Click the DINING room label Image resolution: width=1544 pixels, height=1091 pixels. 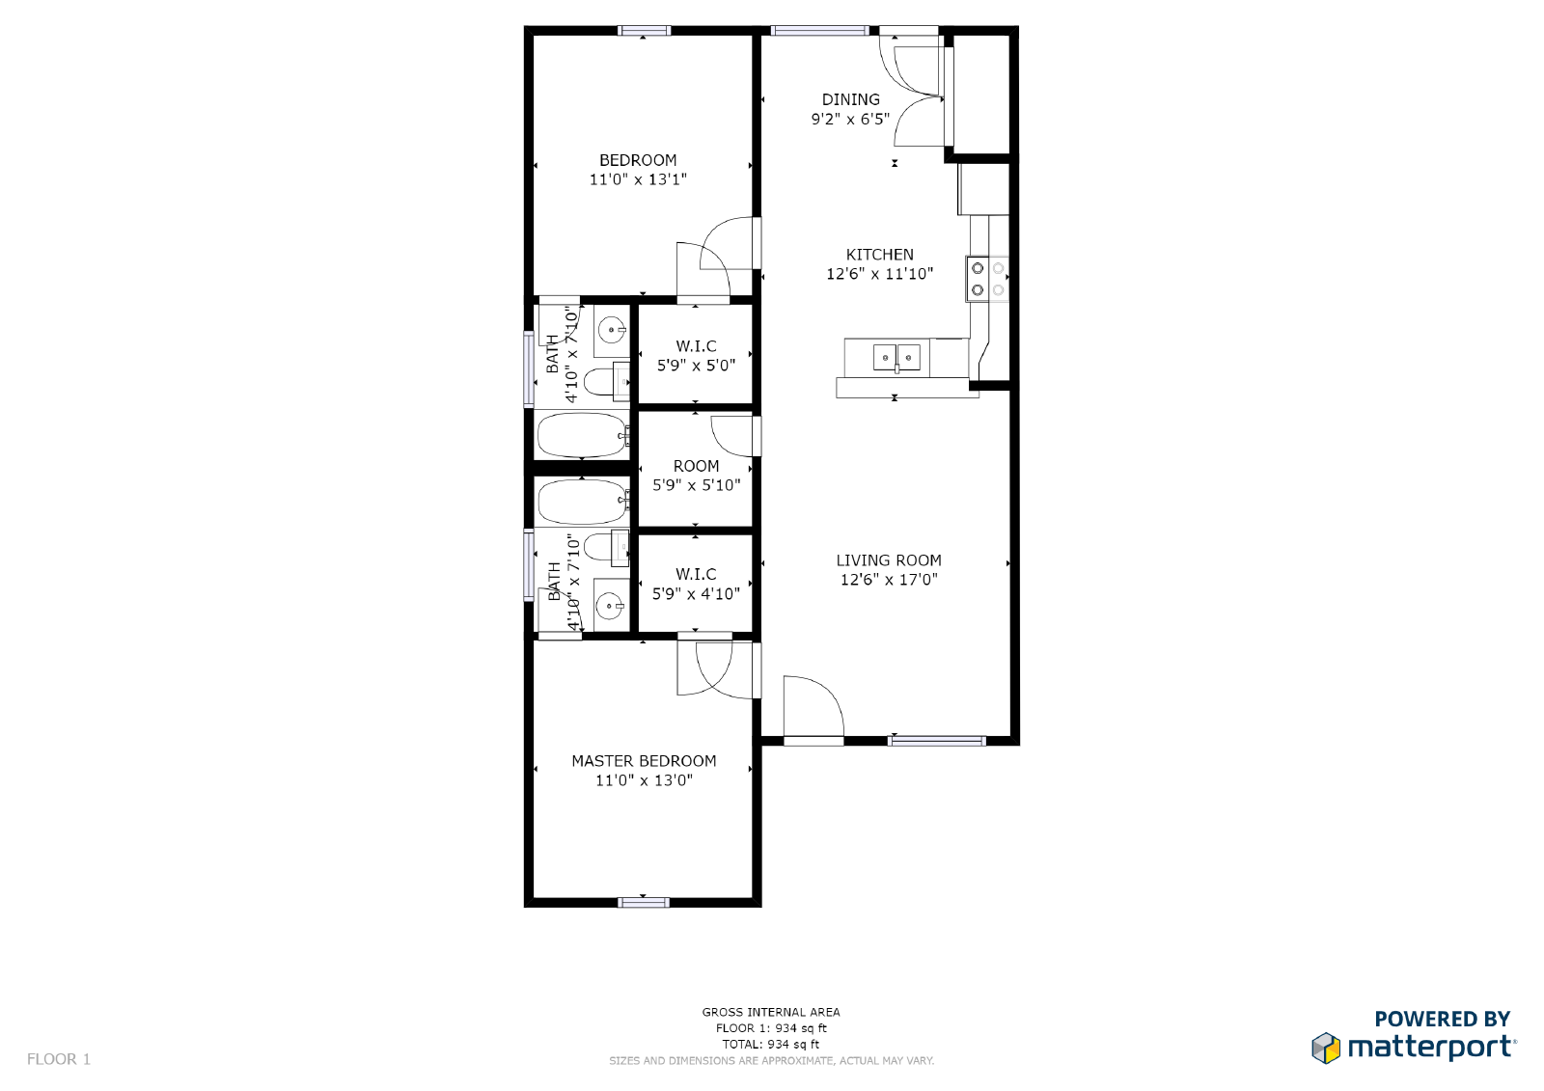850,99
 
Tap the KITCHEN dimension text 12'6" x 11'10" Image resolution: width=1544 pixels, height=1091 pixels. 879,274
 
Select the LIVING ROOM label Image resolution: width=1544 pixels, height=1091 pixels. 888,560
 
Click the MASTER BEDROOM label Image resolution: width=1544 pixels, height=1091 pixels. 644,761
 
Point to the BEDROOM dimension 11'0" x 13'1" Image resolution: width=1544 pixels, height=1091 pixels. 638,179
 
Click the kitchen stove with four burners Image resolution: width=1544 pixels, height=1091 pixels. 986,279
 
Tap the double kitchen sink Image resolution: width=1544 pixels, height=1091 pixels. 896,358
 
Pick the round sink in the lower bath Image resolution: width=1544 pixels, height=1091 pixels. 610,606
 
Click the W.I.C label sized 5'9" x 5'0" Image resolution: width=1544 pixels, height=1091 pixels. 696,346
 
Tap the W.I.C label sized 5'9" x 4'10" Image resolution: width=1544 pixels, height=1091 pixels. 696,574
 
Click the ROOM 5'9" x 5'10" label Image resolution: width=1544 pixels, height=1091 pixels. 696,466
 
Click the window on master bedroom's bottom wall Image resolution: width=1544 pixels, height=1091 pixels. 644,902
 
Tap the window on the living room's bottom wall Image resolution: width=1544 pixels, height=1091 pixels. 936,741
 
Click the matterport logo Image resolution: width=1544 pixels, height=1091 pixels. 1414,1046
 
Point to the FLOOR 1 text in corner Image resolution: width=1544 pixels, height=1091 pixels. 59,1059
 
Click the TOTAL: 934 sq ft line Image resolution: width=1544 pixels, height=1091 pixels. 770,1044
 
